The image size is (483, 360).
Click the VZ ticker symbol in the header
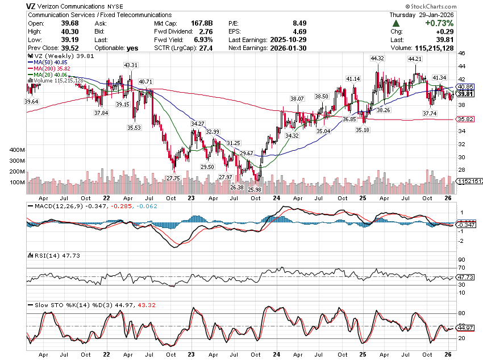tap(32, 6)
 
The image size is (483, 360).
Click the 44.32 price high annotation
tap(377, 59)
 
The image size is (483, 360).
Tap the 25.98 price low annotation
tap(255, 189)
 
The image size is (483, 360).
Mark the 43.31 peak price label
tap(131, 65)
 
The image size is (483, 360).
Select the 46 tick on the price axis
tap(461, 53)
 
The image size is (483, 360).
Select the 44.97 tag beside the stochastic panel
tap(465, 328)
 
